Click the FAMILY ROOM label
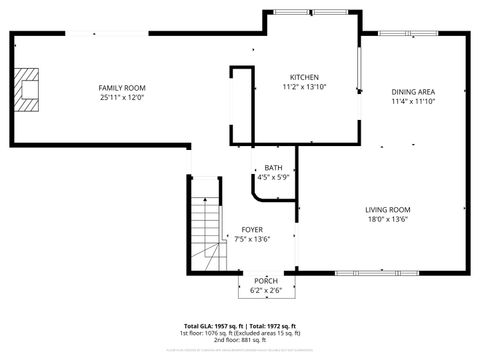point(122,89)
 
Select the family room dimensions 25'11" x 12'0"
point(122,98)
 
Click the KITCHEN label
point(304,78)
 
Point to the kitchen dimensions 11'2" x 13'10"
point(304,87)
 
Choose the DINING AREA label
point(412,92)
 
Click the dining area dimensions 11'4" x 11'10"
point(412,101)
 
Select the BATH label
point(273,168)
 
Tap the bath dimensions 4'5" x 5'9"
point(273,177)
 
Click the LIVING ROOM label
point(387,210)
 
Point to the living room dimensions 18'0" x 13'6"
point(387,219)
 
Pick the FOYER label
point(252,230)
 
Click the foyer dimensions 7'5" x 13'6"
point(252,239)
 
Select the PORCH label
point(266,280)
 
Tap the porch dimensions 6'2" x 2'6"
point(266,289)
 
